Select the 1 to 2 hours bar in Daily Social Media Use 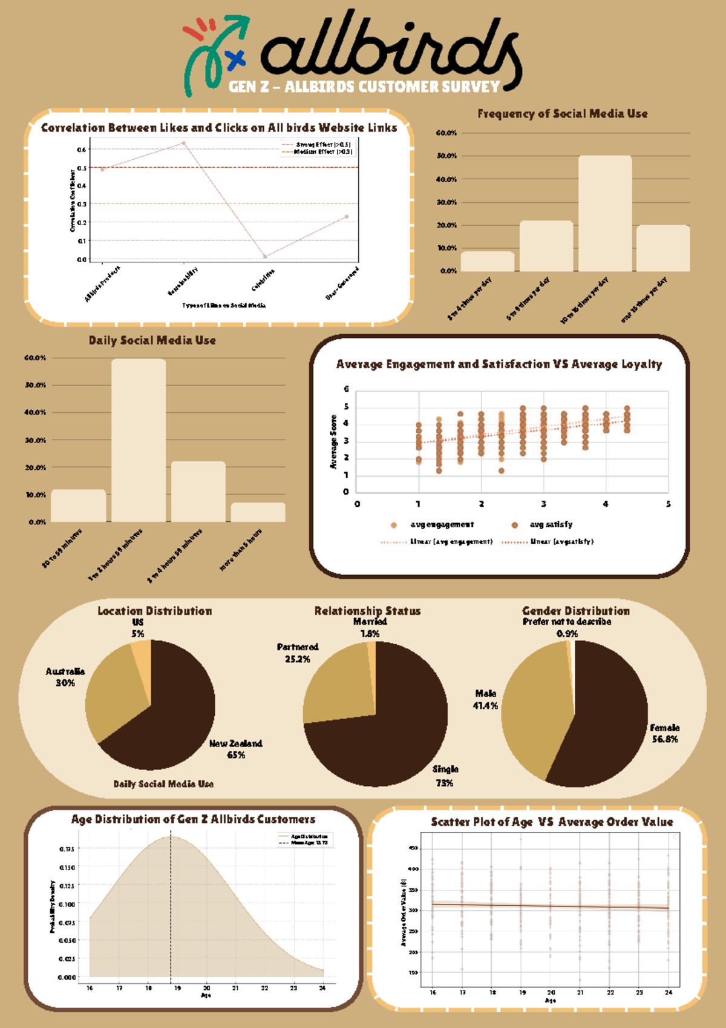[139, 440]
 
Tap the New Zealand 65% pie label [236, 749]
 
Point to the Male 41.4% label [485, 699]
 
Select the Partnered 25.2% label [298, 653]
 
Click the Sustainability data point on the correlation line [183, 143]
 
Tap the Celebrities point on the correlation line [265, 257]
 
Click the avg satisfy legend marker [515, 525]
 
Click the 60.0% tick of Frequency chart [446, 133]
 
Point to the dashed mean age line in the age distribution [171, 908]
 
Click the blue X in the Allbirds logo [235, 59]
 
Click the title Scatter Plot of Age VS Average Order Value [551, 822]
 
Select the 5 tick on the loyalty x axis [668, 504]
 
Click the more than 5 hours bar [258, 512]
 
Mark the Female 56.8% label [664, 733]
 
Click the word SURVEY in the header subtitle [470, 87]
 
